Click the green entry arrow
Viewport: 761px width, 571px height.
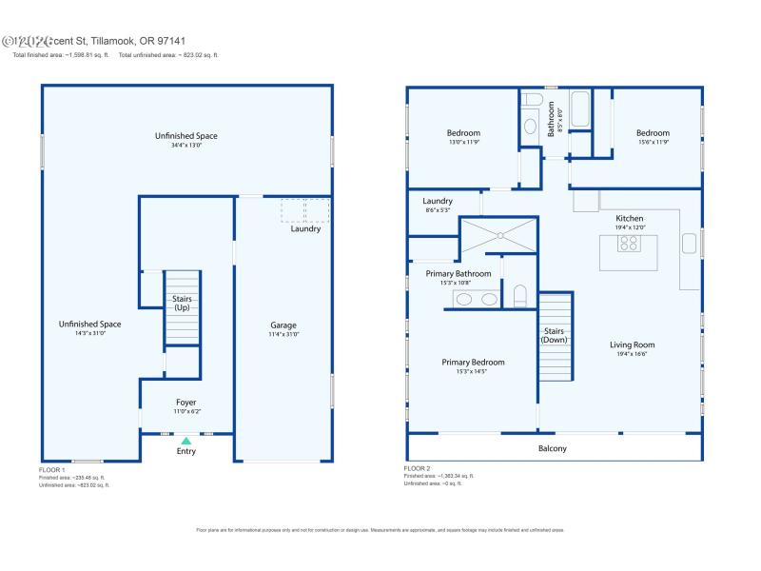point(186,441)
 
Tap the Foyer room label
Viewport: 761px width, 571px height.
point(186,403)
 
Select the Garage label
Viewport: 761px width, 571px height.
point(283,325)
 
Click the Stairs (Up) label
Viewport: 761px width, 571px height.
point(182,303)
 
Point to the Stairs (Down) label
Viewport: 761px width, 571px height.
point(555,335)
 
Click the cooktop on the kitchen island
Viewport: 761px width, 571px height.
point(630,244)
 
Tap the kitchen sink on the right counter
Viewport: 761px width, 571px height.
point(689,242)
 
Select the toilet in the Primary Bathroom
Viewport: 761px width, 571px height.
point(519,297)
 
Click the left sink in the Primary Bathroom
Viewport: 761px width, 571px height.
point(464,299)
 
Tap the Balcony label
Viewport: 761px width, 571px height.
point(553,448)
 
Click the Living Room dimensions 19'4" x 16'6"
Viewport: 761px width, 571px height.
point(632,354)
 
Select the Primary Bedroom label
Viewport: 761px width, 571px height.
point(473,362)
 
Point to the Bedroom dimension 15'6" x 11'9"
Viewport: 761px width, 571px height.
point(653,143)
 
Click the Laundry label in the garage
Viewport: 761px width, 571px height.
point(305,228)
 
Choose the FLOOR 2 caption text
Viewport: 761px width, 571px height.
point(417,468)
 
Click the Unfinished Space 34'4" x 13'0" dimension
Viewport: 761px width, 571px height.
point(186,146)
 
